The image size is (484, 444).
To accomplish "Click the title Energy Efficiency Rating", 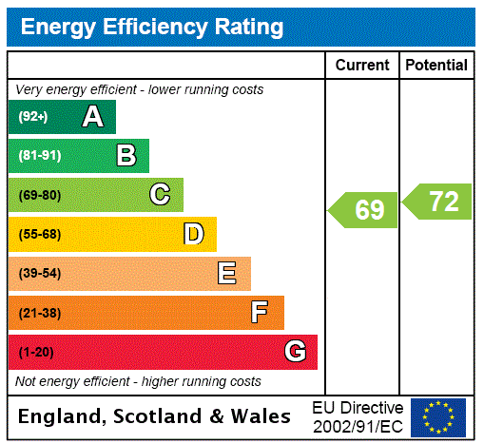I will pyautogui.click(x=152, y=27).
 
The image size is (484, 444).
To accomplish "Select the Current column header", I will pyautogui.click(x=362, y=65).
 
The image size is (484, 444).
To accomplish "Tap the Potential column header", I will pyautogui.click(x=436, y=65).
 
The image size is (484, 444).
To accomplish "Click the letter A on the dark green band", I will pyautogui.click(x=92, y=117).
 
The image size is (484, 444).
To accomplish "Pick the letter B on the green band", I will pyautogui.click(x=126, y=156).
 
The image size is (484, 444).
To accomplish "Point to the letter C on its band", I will pyautogui.click(x=160, y=195).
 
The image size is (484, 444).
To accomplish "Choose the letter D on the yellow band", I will pyautogui.click(x=193, y=234).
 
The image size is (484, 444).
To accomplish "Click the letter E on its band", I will pyautogui.click(x=227, y=274).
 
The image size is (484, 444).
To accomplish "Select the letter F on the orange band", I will pyautogui.click(x=259, y=313).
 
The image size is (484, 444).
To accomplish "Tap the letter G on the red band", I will pyautogui.click(x=295, y=352).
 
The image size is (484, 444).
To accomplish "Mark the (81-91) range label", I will pyautogui.click(x=39, y=156).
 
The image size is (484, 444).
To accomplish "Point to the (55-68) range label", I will pyautogui.click(x=39, y=234).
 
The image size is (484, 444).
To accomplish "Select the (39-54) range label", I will pyautogui.click(x=39, y=274).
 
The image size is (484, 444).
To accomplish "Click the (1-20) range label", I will pyautogui.click(x=36, y=352).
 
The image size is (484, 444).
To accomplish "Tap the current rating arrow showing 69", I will pyautogui.click(x=364, y=209).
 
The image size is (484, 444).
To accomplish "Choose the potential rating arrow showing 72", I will pyautogui.click(x=438, y=202).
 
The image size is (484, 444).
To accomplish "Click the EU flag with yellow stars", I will pyautogui.click(x=438, y=416).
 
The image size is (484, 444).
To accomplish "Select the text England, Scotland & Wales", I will pyautogui.click(x=155, y=416).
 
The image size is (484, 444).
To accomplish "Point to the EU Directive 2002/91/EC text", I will pyautogui.click(x=358, y=416).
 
